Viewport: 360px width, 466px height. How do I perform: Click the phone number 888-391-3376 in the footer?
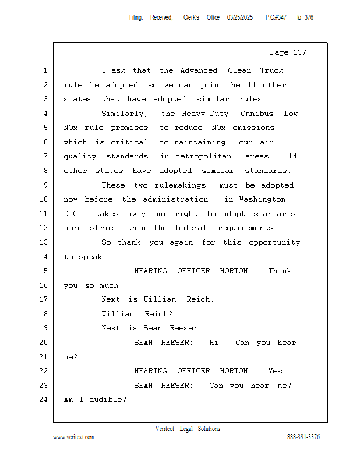tap(303, 437)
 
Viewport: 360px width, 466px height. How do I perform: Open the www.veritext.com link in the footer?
tap(73, 437)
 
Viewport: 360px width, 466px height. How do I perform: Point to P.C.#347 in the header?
tap(276, 17)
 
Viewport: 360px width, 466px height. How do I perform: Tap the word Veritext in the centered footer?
tap(165, 429)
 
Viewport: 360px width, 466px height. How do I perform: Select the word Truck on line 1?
tap(271, 70)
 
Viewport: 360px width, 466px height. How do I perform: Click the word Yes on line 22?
tap(277, 371)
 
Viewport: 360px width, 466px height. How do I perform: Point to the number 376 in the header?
tap(309, 17)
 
